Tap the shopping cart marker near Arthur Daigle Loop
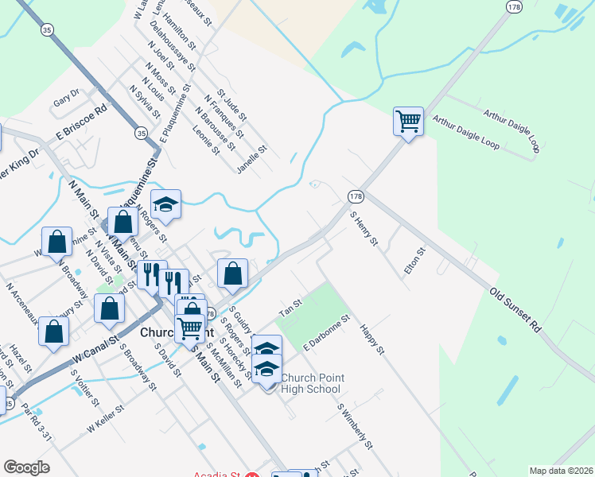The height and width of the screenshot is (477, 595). click(408, 122)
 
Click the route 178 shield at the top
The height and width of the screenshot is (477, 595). click(514, 6)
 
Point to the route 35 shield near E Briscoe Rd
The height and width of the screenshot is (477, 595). click(141, 132)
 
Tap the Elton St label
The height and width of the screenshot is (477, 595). click(414, 262)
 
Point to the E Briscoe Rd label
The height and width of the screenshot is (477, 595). click(80, 124)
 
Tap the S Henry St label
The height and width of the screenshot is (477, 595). click(363, 227)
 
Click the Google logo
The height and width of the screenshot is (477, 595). click(26, 467)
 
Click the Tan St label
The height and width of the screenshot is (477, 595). click(291, 304)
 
